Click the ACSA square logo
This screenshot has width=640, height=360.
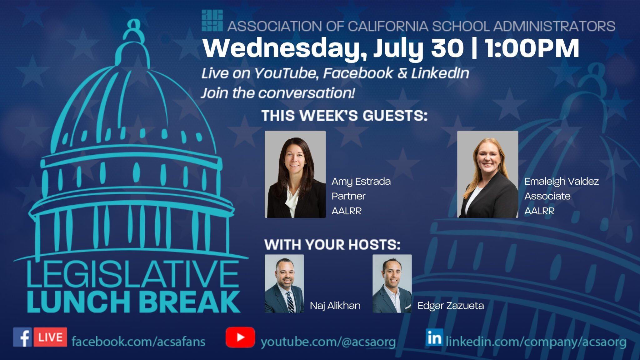[212, 21]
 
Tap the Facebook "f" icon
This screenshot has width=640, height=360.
[22, 337]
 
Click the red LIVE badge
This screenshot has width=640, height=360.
[50, 337]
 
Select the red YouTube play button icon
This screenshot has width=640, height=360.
[240, 337]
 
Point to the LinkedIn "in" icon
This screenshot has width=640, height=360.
[434, 337]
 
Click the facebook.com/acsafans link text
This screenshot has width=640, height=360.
[138, 341]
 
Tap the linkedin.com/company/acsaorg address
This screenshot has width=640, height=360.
[536, 342]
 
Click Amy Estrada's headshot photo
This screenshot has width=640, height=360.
[295, 174]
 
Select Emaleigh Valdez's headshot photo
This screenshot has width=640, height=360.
[487, 174]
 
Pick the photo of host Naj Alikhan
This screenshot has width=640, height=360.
[284, 283]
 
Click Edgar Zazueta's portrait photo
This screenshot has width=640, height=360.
[392, 283]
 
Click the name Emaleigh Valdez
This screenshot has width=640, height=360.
[562, 181]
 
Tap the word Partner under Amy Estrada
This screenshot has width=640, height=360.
[348, 196]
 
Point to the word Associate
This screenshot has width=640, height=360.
[547, 196]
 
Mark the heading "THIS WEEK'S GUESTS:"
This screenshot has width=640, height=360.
[344, 116]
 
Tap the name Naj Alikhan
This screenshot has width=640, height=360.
[335, 305]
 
